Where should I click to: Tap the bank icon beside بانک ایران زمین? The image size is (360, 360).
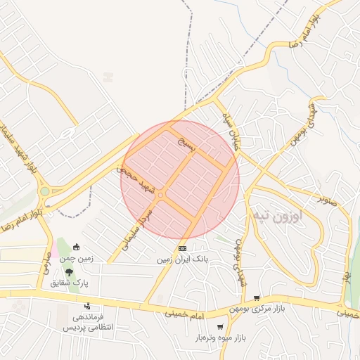(182, 248)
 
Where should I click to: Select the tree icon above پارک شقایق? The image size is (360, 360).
(68, 271)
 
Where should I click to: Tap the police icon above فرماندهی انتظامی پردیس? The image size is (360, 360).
(88, 306)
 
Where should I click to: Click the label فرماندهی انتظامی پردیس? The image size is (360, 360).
(85, 323)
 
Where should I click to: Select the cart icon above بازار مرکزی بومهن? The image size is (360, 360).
(257, 298)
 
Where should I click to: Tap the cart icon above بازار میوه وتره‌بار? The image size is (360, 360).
(220, 327)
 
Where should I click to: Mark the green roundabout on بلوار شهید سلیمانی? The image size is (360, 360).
(45, 191)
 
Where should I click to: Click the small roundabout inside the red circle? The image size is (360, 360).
(161, 195)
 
